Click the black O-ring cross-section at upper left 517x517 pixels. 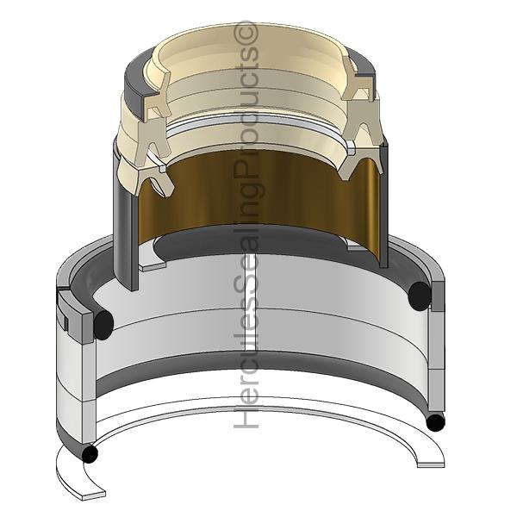103,325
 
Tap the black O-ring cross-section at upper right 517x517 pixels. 420,296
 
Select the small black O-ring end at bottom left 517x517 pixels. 90,454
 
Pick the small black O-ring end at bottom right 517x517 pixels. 435,422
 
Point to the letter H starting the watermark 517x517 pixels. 246,416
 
